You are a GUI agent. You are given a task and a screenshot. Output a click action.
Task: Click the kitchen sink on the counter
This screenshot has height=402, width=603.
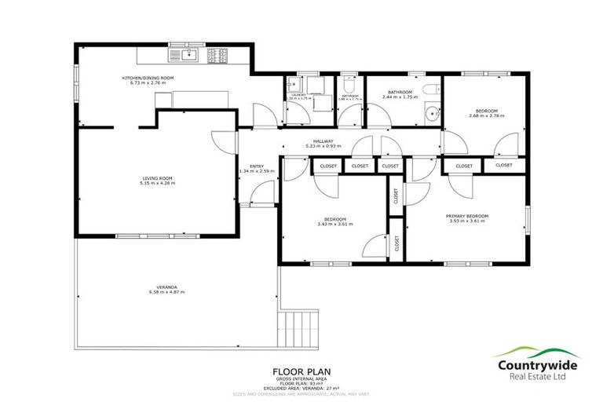[189, 55]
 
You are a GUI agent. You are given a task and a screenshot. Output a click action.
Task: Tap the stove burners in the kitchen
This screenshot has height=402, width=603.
[217, 55]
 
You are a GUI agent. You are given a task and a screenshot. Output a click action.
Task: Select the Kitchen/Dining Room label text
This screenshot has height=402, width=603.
[147, 78]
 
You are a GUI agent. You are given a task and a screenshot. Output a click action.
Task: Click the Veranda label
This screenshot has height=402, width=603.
[165, 288]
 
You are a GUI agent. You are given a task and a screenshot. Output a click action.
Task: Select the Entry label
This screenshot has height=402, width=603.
[257, 166]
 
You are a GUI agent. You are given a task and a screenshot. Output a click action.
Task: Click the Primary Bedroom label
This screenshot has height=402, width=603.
[467, 216]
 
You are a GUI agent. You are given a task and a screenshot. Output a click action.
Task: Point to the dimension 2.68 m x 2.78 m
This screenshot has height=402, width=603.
[487, 116]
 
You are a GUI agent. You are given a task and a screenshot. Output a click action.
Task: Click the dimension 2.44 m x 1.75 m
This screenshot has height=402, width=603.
[399, 97]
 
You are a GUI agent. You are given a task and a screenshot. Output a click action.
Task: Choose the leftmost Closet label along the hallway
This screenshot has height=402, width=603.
[327, 166]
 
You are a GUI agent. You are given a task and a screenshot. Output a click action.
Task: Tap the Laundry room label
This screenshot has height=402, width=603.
[298, 94]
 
